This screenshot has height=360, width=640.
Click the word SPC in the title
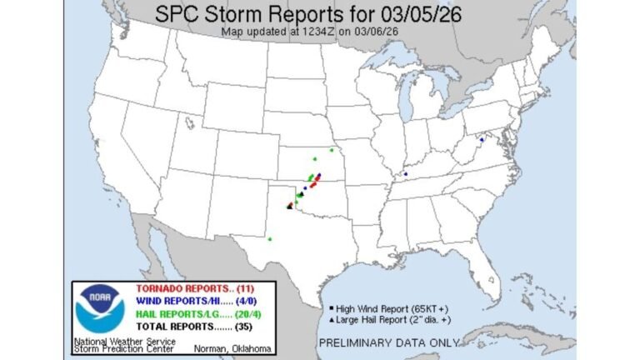pos(176,15)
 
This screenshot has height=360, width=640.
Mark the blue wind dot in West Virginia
pos(481,139)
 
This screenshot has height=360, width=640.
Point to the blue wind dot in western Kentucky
pos(405,173)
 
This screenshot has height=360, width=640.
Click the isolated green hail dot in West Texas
pos(270,238)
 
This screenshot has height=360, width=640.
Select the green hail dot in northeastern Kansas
pos(331,150)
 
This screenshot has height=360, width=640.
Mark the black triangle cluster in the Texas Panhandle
pos(290,205)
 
